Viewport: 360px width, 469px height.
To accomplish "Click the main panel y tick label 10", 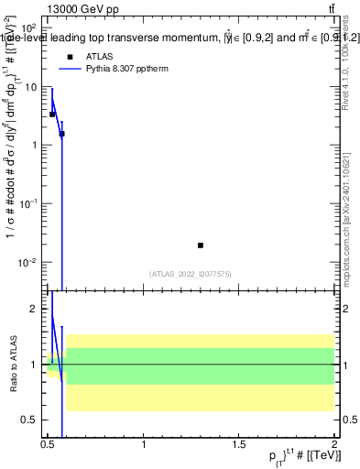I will [x=31, y=87].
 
